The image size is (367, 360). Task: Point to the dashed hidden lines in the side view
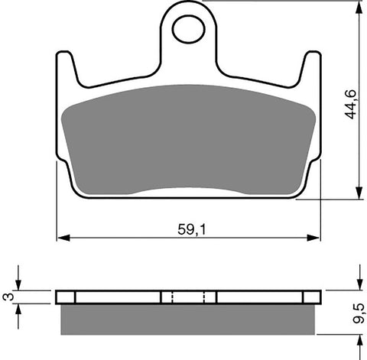pos(188,297)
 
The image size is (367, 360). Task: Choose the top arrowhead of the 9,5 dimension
pos(358,286)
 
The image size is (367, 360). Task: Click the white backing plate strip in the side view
pos(115,297)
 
